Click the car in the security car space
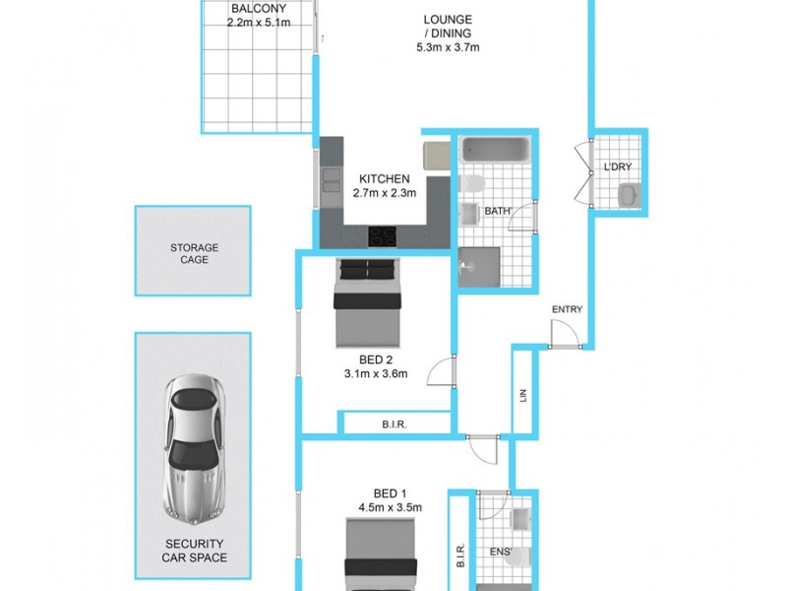(x=194, y=449)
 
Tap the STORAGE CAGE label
(x=194, y=254)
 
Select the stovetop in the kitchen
(x=383, y=236)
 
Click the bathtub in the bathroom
(x=496, y=151)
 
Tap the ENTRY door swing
(x=564, y=335)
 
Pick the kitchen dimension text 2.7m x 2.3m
(x=384, y=194)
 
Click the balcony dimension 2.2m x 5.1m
(x=258, y=23)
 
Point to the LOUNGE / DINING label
(x=448, y=33)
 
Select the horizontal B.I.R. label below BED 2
(x=396, y=426)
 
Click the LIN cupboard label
(x=523, y=396)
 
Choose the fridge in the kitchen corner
(x=436, y=156)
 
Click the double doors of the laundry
(x=580, y=175)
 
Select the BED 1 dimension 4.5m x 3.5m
(x=391, y=508)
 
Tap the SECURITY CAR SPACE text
(x=194, y=551)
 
